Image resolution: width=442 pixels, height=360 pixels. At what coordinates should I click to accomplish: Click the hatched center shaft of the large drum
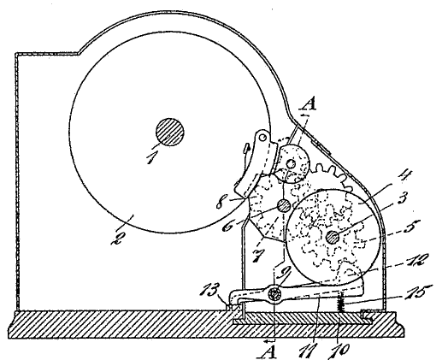[169, 132]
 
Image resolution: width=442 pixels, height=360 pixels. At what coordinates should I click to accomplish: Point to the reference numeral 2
[118, 237]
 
